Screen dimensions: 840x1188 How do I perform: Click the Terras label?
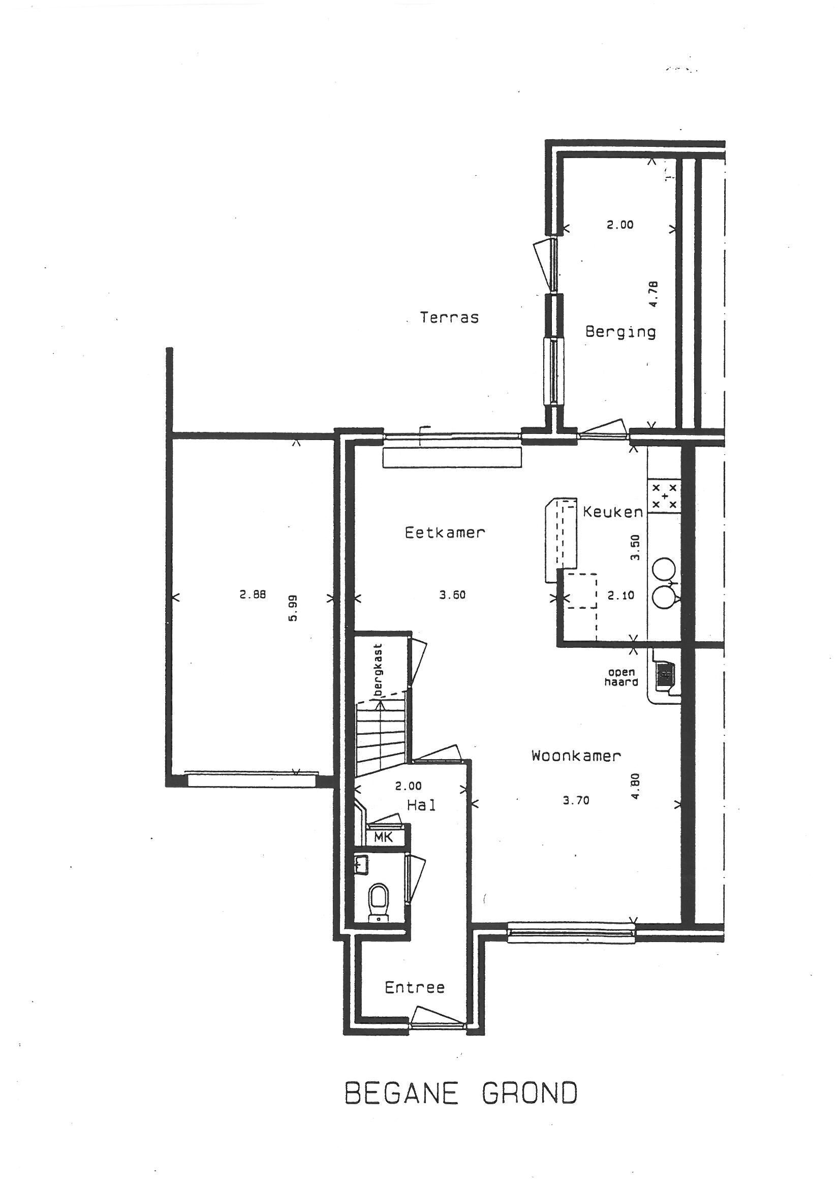(x=449, y=317)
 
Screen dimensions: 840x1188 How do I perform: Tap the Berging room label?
(x=620, y=332)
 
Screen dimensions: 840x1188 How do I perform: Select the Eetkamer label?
(x=445, y=533)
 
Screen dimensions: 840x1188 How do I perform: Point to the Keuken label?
(x=613, y=512)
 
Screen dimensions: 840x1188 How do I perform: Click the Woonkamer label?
(x=576, y=756)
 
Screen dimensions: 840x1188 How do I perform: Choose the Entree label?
(x=415, y=988)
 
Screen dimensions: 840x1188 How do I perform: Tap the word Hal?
(x=421, y=805)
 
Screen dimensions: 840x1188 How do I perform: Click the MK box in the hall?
(x=383, y=837)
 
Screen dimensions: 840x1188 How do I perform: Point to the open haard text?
(x=621, y=677)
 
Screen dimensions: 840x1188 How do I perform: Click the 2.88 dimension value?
(x=253, y=595)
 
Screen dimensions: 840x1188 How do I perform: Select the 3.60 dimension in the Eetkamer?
(x=452, y=595)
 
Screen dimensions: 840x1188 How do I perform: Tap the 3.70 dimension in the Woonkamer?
(x=576, y=800)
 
